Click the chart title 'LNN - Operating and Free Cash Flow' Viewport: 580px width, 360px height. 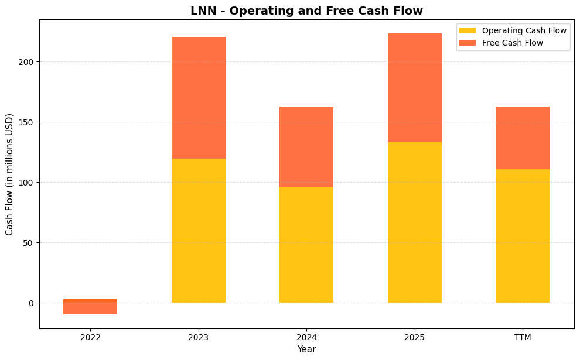click(x=306, y=11)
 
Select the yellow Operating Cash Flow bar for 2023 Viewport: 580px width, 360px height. click(x=199, y=231)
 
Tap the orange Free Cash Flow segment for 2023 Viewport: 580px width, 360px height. click(x=199, y=98)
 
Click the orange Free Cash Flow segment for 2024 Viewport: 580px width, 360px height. click(x=306, y=147)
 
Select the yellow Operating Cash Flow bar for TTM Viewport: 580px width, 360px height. click(x=522, y=236)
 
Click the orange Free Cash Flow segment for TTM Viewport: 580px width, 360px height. click(x=522, y=138)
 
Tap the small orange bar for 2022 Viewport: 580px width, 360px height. click(x=90, y=307)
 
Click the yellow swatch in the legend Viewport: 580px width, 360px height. click(x=468, y=30)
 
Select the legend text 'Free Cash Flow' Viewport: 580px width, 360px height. click(x=513, y=43)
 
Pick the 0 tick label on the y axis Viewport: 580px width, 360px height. click(x=32, y=303)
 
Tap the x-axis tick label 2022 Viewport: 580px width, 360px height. click(x=90, y=337)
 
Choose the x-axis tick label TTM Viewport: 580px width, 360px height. click(x=522, y=337)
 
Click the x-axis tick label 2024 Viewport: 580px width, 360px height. click(x=306, y=337)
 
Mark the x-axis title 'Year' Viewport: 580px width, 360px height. click(x=306, y=349)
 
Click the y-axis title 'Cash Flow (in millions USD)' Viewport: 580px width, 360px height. click(x=9, y=174)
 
